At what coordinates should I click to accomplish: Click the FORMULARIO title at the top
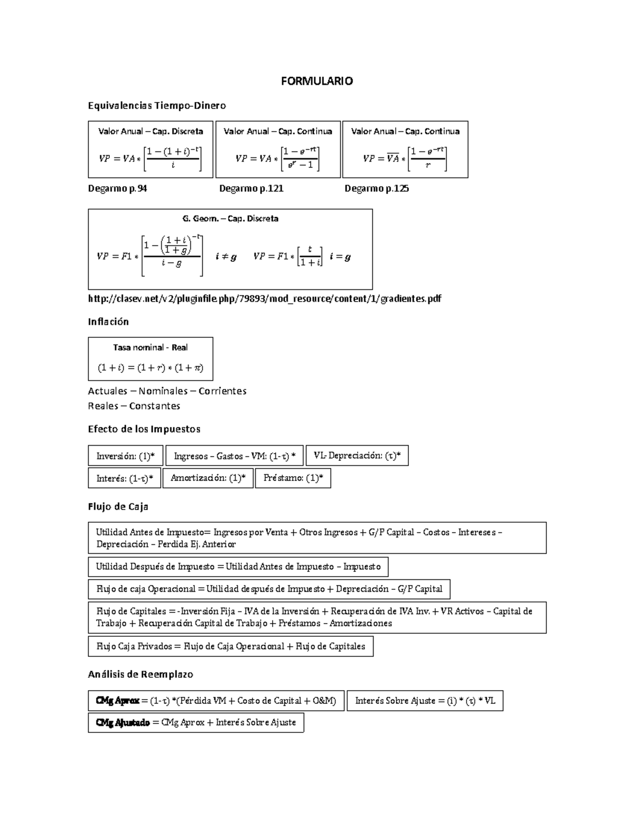click(316, 81)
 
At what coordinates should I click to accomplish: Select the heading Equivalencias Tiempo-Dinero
click(157, 106)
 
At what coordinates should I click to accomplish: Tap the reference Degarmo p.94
click(117, 188)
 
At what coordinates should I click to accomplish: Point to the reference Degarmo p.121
click(251, 188)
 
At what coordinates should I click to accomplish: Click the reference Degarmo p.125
click(377, 188)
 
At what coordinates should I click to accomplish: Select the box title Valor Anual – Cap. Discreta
click(151, 131)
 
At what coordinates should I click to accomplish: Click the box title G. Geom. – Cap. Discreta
click(230, 219)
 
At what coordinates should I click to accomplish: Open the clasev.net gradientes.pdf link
click(264, 299)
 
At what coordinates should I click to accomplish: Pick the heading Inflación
click(108, 322)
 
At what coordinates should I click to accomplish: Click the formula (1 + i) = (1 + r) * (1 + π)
click(151, 368)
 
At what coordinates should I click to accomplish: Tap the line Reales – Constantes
click(134, 406)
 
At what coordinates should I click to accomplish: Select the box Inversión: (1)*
click(125, 456)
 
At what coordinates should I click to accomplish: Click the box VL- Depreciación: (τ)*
click(357, 456)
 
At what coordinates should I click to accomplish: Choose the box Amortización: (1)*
click(208, 478)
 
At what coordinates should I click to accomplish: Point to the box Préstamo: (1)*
click(293, 478)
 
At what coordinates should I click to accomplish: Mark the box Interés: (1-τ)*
click(125, 478)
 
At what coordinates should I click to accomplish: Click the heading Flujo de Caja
click(118, 507)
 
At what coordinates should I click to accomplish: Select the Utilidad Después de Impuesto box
click(238, 567)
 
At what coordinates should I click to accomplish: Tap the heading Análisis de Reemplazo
click(141, 674)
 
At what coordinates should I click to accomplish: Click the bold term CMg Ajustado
click(123, 722)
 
